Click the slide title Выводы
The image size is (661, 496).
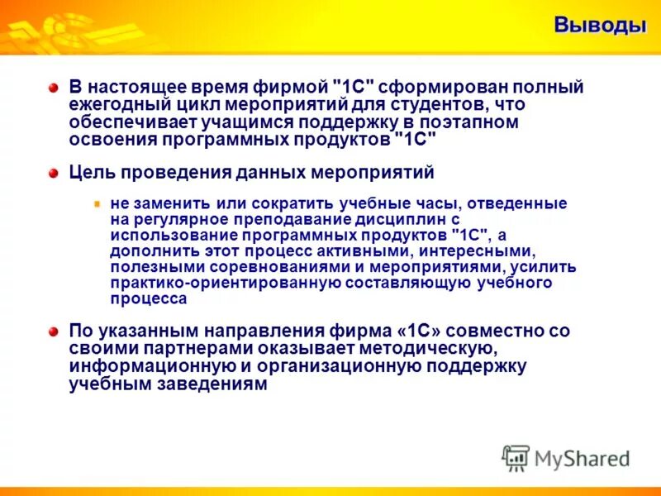pos(599,26)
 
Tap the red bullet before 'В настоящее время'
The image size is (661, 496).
pos(54,88)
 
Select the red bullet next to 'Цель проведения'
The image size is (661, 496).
pos(54,173)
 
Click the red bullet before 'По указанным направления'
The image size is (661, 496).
pos(54,331)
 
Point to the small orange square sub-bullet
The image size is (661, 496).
pos(97,203)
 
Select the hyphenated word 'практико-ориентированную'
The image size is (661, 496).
pos(209,283)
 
